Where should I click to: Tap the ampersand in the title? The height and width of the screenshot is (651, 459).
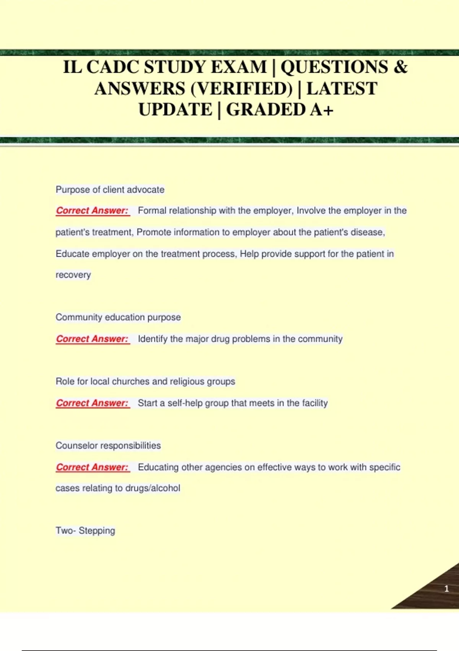(400, 67)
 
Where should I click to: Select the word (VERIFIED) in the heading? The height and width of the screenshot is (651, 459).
(241, 89)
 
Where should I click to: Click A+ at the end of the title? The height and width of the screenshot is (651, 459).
(322, 110)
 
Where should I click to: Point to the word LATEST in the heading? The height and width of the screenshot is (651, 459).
(342, 89)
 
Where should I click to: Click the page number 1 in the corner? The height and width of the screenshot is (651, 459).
(446, 589)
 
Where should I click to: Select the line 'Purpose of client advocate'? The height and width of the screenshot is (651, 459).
(110, 190)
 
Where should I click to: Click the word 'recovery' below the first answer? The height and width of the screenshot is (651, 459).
(73, 275)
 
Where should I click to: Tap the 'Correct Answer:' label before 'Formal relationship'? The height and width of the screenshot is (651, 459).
(92, 211)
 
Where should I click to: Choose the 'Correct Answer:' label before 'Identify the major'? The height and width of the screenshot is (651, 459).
(92, 339)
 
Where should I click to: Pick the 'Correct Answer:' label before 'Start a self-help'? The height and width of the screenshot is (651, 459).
(92, 403)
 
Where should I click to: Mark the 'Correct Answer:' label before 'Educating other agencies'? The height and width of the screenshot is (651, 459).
(92, 467)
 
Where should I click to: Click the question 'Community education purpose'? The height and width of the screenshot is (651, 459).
(118, 317)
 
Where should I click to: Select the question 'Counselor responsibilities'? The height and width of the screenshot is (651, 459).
(108, 445)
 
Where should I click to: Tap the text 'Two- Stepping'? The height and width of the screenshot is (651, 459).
(85, 531)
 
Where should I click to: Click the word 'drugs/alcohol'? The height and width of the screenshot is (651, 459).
(153, 488)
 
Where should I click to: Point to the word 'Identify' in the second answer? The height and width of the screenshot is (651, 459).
(153, 339)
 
